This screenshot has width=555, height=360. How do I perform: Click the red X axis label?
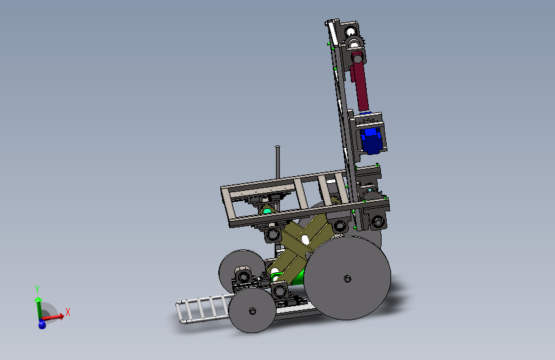pyautogui.click(x=68, y=312)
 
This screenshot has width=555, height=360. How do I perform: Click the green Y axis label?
pyautogui.click(x=37, y=289)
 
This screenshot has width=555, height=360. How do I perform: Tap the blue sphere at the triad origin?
pyautogui.click(x=42, y=325)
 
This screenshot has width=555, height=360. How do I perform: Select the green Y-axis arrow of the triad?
pyautogui.click(x=38, y=308)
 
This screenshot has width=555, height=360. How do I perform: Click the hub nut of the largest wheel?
pyautogui.click(x=348, y=279)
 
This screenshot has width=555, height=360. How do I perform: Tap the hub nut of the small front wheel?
pyautogui.click(x=252, y=311)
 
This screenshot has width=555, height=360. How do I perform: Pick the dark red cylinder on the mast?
pyautogui.click(x=360, y=81)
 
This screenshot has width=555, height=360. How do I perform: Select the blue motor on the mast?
pyautogui.click(x=370, y=141)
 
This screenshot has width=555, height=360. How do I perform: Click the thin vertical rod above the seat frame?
pyautogui.click(x=278, y=162)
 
